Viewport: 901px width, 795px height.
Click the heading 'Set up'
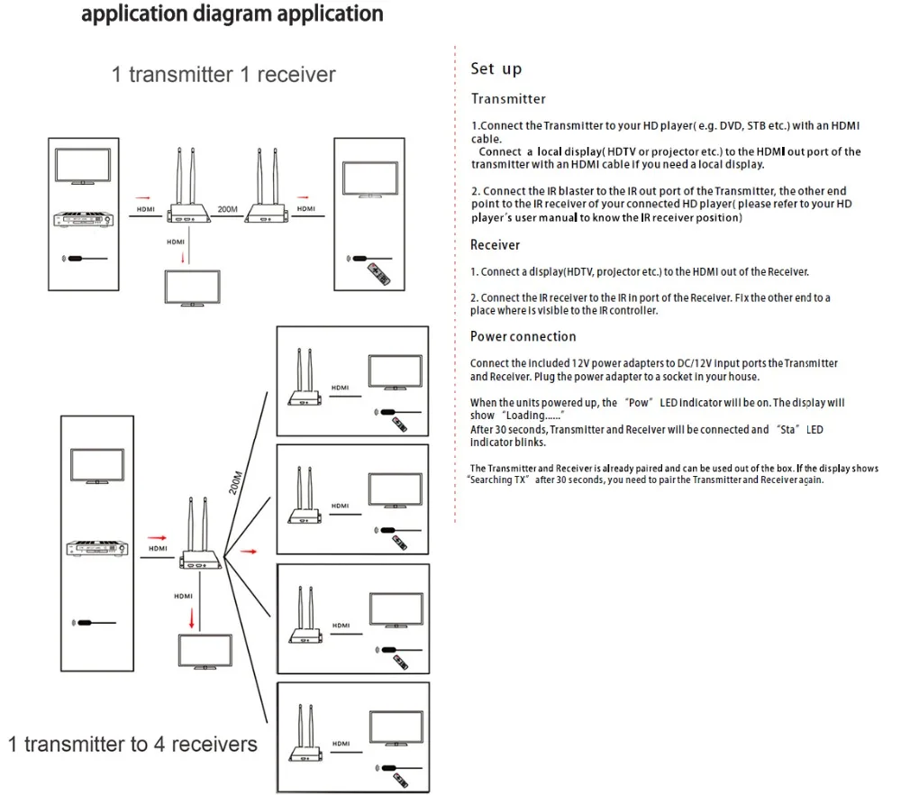click(x=496, y=69)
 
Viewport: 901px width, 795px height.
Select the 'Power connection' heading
click(x=523, y=336)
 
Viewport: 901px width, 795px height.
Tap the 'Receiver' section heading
click(x=495, y=244)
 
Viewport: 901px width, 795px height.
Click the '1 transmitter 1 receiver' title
click(x=223, y=74)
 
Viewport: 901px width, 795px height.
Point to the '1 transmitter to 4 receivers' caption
click(x=132, y=744)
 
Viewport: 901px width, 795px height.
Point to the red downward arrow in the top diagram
click(x=184, y=257)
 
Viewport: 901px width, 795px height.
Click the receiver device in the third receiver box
click(x=304, y=635)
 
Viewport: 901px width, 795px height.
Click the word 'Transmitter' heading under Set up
click(x=508, y=99)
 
